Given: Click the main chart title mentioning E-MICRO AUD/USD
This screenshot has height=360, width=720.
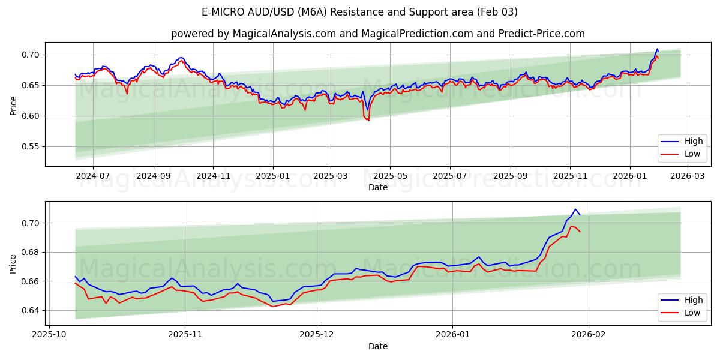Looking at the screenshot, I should (x=360, y=12).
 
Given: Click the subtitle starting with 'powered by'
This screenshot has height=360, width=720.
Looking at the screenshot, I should (x=377, y=34).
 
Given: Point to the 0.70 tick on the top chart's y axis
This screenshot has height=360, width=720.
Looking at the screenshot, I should (x=30, y=55).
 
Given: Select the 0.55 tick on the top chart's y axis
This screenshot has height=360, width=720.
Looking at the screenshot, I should (x=30, y=146).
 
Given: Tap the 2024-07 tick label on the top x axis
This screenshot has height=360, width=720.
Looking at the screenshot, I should (x=93, y=176).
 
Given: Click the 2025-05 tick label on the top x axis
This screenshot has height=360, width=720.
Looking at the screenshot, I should (x=390, y=176).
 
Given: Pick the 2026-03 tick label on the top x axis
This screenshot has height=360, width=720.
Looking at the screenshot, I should (x=687, y=176).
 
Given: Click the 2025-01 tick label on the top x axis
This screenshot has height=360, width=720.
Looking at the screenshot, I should (x=273, y=176).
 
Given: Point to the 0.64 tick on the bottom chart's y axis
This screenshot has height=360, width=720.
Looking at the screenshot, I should (x=30, y=310).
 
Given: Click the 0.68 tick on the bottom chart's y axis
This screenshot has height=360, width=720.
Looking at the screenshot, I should (x=30, y=252).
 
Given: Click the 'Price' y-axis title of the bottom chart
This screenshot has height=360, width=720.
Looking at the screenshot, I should (x=13, y=263).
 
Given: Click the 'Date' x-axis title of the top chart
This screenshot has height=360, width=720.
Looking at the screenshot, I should (x=377, y=187).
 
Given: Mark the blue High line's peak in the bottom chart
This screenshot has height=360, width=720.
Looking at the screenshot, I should (x=575, y=209).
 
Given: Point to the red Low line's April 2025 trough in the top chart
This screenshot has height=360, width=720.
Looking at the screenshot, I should (x=368, y=120).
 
